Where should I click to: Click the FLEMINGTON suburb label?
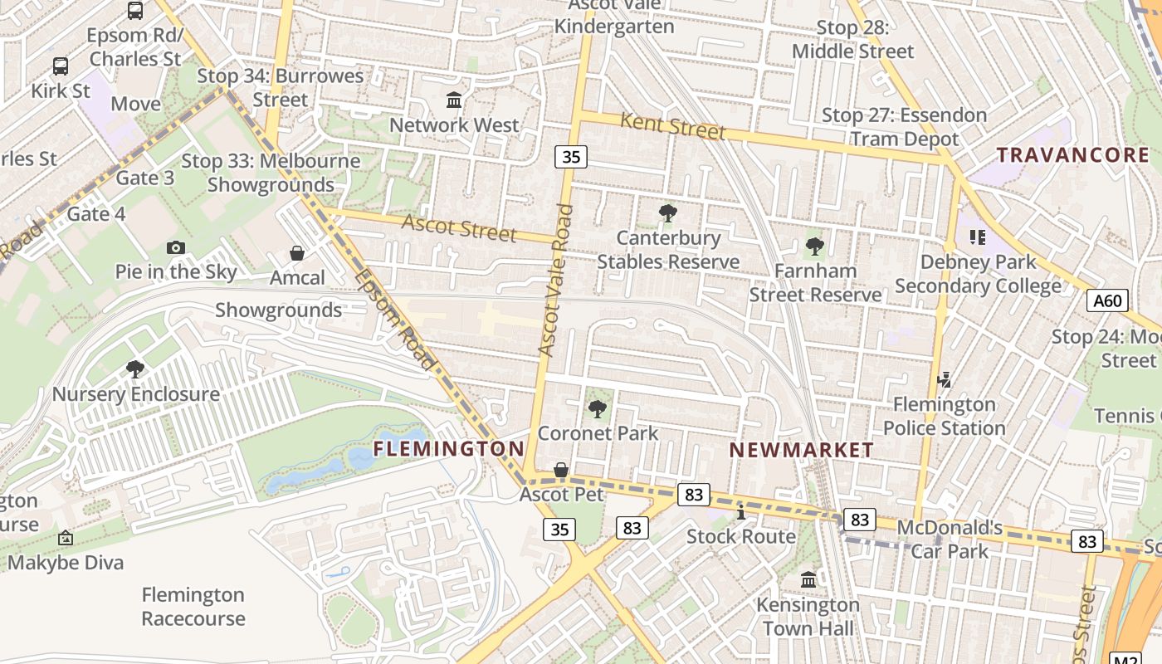pyautogui.click(x=448, y=449)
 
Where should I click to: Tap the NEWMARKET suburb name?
pyautogui.click(x=801, y=450)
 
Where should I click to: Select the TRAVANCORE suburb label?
pyautogui.click(x=1072, y=155)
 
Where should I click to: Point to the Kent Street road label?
pyautogui.click(x=672, y=127)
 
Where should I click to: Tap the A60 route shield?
pyautogui.click(x=1107, y=300)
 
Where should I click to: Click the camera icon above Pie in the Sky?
pyautogui.click(x=175, y=247)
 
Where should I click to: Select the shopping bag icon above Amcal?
pyautogui.click(x=297, y=253)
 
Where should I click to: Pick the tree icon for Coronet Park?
pyautogui.click(x=597, y=408)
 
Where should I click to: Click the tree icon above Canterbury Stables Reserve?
pyautogui.click(x=667, y=213)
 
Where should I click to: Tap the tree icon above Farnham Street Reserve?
pyautogui.click(x=814, y=247)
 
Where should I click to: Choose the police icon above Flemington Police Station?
pyautogui.click(x=944, y=380)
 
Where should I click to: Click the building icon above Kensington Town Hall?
pyautogui.click(x=808, y=579)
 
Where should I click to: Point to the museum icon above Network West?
pyautogui.click(x=454, y=100)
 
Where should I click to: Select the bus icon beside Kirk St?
pyautogui.click(x=61, y=66)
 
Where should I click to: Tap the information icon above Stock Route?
pyautogui.click(x=741, y=512)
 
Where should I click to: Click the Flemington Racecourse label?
pyautogui.click(x=193, y=607)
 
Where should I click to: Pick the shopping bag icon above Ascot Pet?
pyautogui.click(x=561, y=471)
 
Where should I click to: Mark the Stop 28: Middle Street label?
pyautogui.click(x=852, y=39)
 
